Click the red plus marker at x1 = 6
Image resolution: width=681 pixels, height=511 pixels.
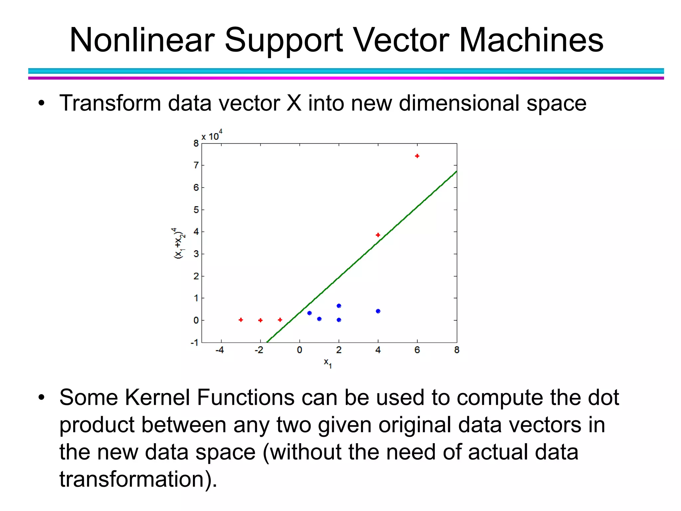(x=417, y=156)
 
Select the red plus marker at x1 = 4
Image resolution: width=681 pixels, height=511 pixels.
(x=378, y=235)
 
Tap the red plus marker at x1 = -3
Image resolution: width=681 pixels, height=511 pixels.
(x=241, y=320)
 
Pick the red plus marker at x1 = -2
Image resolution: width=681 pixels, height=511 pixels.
(x=260, y=320)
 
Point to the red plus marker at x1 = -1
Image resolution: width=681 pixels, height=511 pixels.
(x=280, y=320)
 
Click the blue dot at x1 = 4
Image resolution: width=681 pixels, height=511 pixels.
(x=378, y=311)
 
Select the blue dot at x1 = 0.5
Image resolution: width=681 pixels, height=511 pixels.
(x=309, y=313)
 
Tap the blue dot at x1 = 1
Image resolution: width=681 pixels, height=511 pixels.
(x=319, y=319)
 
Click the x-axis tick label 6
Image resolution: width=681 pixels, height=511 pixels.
(x=417, y=350)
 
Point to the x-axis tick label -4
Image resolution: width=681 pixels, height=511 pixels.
(x=219, y=350)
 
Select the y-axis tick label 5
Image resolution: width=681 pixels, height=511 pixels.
(x=196, y=210)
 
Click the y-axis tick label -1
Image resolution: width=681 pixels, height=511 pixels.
(x=195, y=342)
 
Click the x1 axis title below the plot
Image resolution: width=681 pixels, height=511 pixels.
(x=328, y=363)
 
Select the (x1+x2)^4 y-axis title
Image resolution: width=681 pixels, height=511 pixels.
(x=179, y=243)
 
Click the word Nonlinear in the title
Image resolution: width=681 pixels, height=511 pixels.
(x=142, y=40)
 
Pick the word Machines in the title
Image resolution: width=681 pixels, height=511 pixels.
(x=531, y=40)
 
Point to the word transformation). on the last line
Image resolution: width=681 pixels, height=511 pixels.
(x=138, y=479)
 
